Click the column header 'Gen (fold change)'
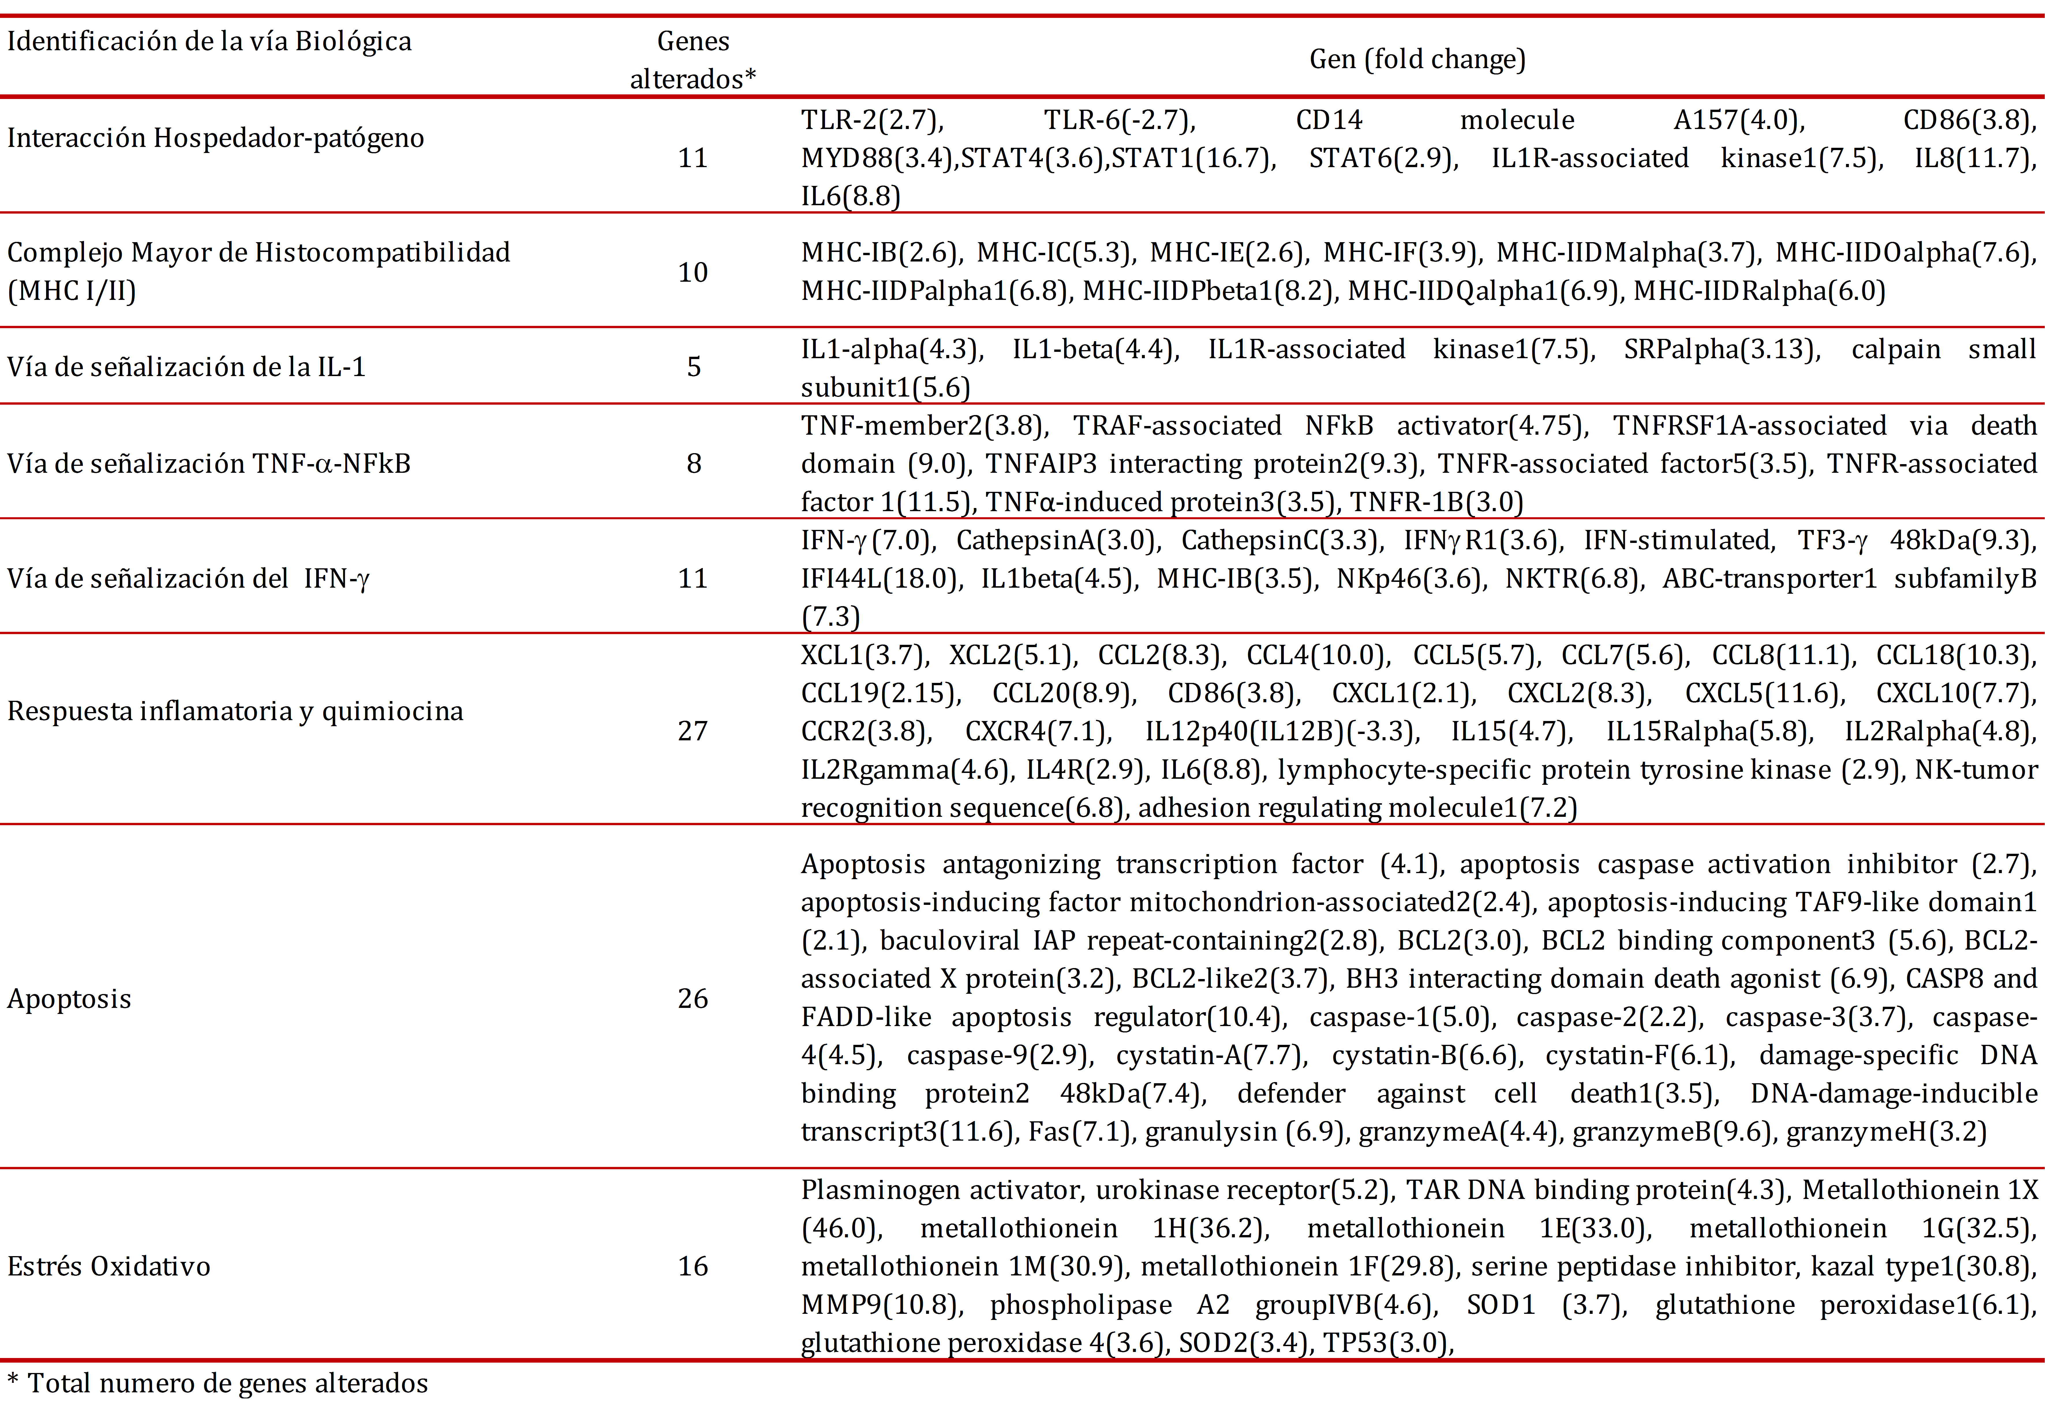click(x=1417, y=59)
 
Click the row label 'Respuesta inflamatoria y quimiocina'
click(x=235, y=711)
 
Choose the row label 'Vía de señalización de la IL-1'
click(x=186, y=366)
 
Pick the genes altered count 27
click(x=693, y=731)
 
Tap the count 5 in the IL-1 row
click(x=693, y=366)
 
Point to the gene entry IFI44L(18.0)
click(x=880, y=578)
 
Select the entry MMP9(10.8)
click(x=880, y=1304)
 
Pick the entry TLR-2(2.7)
click(x=871, y=120)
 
